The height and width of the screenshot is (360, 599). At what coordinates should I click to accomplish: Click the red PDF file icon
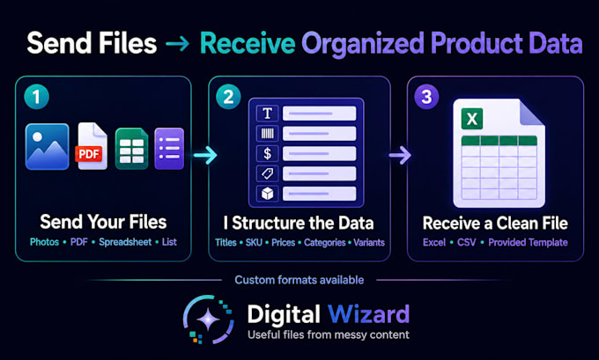92,147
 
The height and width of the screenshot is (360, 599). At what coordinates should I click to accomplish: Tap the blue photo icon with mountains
48,147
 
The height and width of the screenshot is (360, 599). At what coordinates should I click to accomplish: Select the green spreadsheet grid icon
132,149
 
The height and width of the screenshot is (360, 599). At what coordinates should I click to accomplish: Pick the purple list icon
169,149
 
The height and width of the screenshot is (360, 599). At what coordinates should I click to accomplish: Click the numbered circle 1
37,97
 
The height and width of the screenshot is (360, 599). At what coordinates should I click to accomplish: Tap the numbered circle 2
228,97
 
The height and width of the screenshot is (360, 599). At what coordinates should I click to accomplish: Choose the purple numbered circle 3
426,97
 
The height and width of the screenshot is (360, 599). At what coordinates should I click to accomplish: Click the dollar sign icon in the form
268,153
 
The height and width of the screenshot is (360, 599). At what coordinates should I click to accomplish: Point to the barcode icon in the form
268,134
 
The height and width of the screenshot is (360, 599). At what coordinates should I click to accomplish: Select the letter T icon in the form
268,114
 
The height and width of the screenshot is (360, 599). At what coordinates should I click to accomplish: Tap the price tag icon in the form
268,173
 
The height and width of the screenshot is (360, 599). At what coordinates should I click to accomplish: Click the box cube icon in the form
268,194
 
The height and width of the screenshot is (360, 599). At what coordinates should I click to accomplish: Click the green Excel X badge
472,118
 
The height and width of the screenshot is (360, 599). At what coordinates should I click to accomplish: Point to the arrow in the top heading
178,44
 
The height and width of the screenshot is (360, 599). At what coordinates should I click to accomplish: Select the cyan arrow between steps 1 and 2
205,155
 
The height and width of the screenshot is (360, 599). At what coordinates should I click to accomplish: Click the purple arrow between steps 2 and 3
400,155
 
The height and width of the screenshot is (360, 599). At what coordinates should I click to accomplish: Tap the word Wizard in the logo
368,314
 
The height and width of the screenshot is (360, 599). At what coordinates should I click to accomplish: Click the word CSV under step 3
467,242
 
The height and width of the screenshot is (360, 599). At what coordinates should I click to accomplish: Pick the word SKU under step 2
254,242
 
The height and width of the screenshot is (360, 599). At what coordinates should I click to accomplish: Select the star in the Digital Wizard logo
208,320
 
